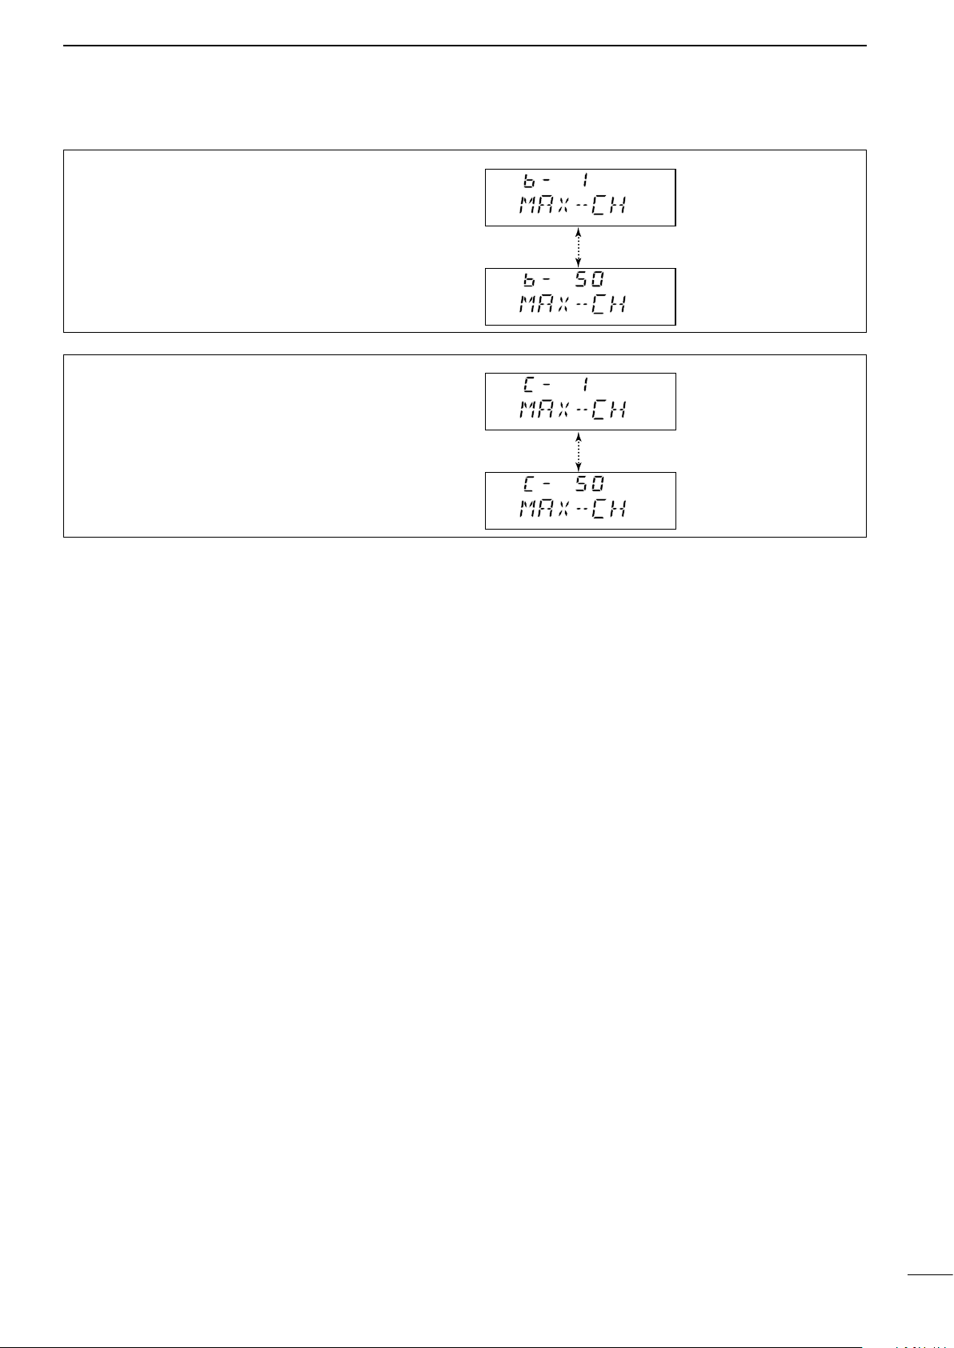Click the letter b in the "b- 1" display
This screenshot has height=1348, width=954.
(x=529, y=182)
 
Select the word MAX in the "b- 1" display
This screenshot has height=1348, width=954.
(x=544, y=206)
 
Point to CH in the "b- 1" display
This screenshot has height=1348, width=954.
(x=608, y=206)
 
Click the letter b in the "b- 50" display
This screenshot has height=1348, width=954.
(x=529, y=281)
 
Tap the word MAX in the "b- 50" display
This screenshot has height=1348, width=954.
(x=544, y=306)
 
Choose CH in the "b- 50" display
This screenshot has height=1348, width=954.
(x=608, y=306)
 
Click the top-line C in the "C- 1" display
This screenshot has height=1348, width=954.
(x=529, y=386)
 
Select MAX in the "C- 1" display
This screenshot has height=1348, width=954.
(x=544, y=410)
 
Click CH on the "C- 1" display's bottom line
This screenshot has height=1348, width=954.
(x=608, y=410)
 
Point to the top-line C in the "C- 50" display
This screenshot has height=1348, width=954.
(x=529, y=485)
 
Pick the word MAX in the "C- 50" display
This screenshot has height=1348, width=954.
(x=544, y=510)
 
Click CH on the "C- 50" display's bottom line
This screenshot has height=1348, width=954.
(x=608, y=510)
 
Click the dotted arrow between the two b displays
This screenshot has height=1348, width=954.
(x=578, y=247)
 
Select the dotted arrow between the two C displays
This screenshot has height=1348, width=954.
(x=578, y=451)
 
